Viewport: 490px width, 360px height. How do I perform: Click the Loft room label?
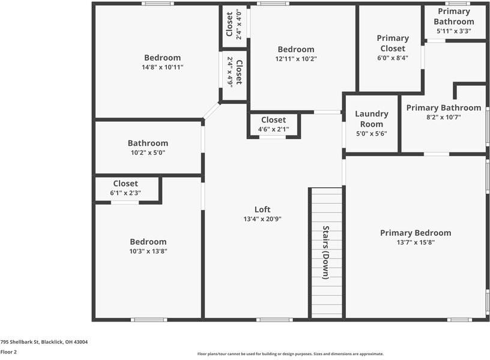click(x=262, y=209)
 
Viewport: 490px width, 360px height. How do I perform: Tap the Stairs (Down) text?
click(x=325, y=252)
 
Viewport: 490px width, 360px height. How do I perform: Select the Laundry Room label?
click(x=372, y=119)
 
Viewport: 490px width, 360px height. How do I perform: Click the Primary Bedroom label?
click(x=416, y=233)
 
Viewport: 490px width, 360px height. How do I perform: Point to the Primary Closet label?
click(x=393, y=43)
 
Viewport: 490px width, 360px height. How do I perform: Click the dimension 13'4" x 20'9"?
click(x=262, y=219)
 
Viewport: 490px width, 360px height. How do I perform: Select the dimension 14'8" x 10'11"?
click(x=162, y=67)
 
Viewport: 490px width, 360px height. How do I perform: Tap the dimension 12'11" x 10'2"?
click(x=295, y=59)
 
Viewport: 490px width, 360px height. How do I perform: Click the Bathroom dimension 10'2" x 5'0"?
click(x=148, y=152)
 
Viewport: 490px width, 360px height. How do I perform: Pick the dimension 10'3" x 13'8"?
click(x=148, y=251)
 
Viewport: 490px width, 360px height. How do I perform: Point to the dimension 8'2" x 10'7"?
click(x=443, y=117)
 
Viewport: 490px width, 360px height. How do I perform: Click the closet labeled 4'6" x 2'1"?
click(x=273, y=124)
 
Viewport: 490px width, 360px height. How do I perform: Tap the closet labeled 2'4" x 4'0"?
click(x=234, y=25)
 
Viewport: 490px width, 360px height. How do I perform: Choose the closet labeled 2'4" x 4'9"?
click(x=234, y=72)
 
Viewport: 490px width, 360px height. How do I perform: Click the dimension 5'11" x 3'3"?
click(x=454, y=31)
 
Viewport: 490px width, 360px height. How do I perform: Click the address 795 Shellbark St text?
click(x=44, y=342)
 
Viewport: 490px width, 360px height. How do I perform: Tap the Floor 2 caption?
click(x=8, y=352)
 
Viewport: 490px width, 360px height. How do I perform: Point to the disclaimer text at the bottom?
click(x=291, y=354)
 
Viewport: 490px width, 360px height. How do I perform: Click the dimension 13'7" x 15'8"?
click(x=416, y=242)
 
